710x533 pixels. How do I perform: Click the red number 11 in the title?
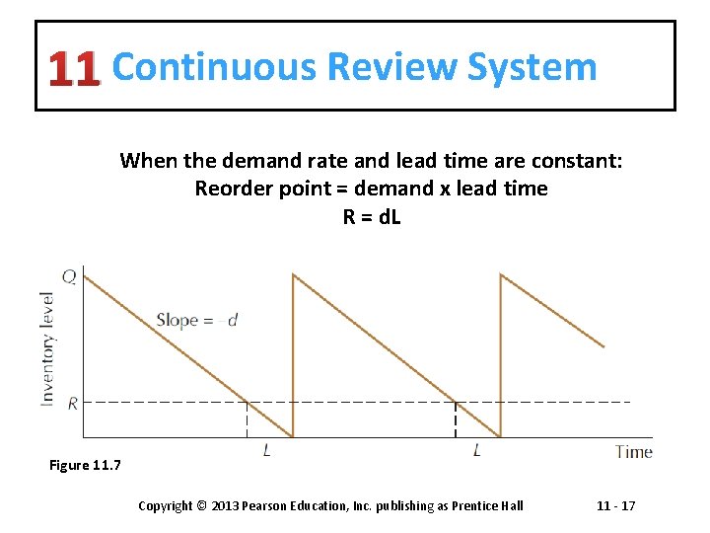pos(75,68)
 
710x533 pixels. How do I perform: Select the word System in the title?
pos(532,67)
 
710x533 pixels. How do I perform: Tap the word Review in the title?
pos(391,67)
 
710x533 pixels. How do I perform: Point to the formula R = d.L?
pos(372,215)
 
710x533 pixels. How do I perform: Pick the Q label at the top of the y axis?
pos(68,276)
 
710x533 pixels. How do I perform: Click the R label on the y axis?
pos(72,402)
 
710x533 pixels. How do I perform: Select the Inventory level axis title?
pos(46,346)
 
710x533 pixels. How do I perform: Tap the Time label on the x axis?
pos(633,451)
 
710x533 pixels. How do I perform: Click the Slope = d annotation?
pos(196,320)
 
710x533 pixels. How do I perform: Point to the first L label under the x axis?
pos(268,451)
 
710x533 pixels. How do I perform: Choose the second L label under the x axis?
pos(477,451)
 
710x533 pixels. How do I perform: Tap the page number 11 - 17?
pos(616,505)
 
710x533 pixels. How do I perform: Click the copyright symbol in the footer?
pos(200,505)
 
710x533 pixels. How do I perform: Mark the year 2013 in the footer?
pos(225,505)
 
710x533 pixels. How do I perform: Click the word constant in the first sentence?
pos(581,160)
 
